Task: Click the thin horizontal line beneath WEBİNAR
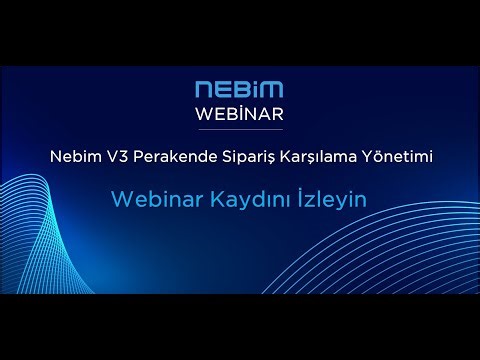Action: [239, 127]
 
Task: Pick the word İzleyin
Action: [326, 200]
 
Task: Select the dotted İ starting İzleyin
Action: [294, 198]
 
